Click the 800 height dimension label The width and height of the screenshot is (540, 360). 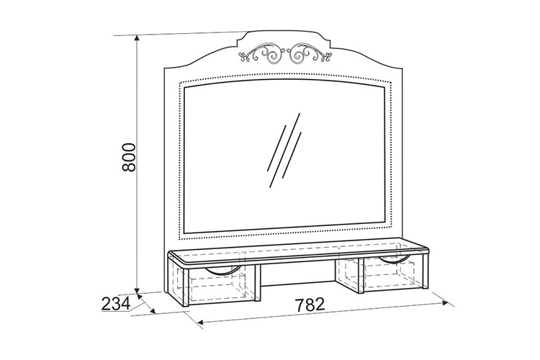click(129, 157)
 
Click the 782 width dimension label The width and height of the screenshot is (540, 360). click(310, 305)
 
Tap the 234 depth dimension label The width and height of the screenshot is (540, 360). click(116, 304)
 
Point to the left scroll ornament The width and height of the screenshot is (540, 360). click(262, 55)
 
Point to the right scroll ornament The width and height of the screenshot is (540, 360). click(309, 53)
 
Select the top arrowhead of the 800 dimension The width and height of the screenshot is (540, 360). click(137, 39)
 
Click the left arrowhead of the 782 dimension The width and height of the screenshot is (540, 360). click(202, 323)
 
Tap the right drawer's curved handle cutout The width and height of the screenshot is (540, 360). click(395, 259)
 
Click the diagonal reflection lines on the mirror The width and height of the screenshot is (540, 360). click(284, 150)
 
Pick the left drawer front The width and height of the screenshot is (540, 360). click(221, 284)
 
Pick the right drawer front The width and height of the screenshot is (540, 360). click(393, 274)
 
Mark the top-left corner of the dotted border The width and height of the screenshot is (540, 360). click(179, 83)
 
